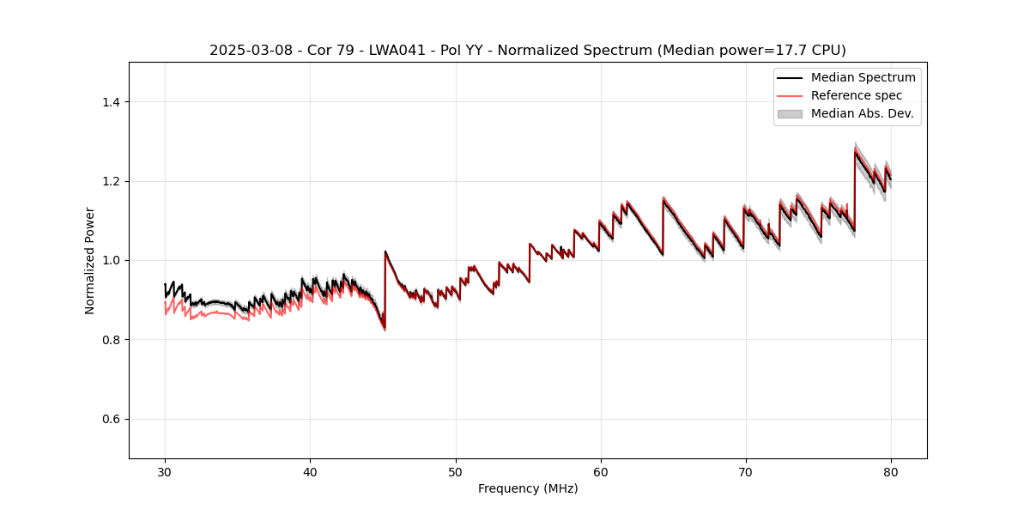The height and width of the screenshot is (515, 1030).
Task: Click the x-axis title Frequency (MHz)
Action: tap(528, 488)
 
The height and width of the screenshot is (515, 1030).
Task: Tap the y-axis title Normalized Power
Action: tap(90, 260)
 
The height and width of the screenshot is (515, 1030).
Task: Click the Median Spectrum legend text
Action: tap(863, 77)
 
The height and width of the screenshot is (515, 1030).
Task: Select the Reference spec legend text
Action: tap(857, 95)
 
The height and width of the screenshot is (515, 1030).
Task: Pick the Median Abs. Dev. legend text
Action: tap(862, 113)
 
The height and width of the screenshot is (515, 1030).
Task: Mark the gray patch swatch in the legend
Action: tap(790, 113)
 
